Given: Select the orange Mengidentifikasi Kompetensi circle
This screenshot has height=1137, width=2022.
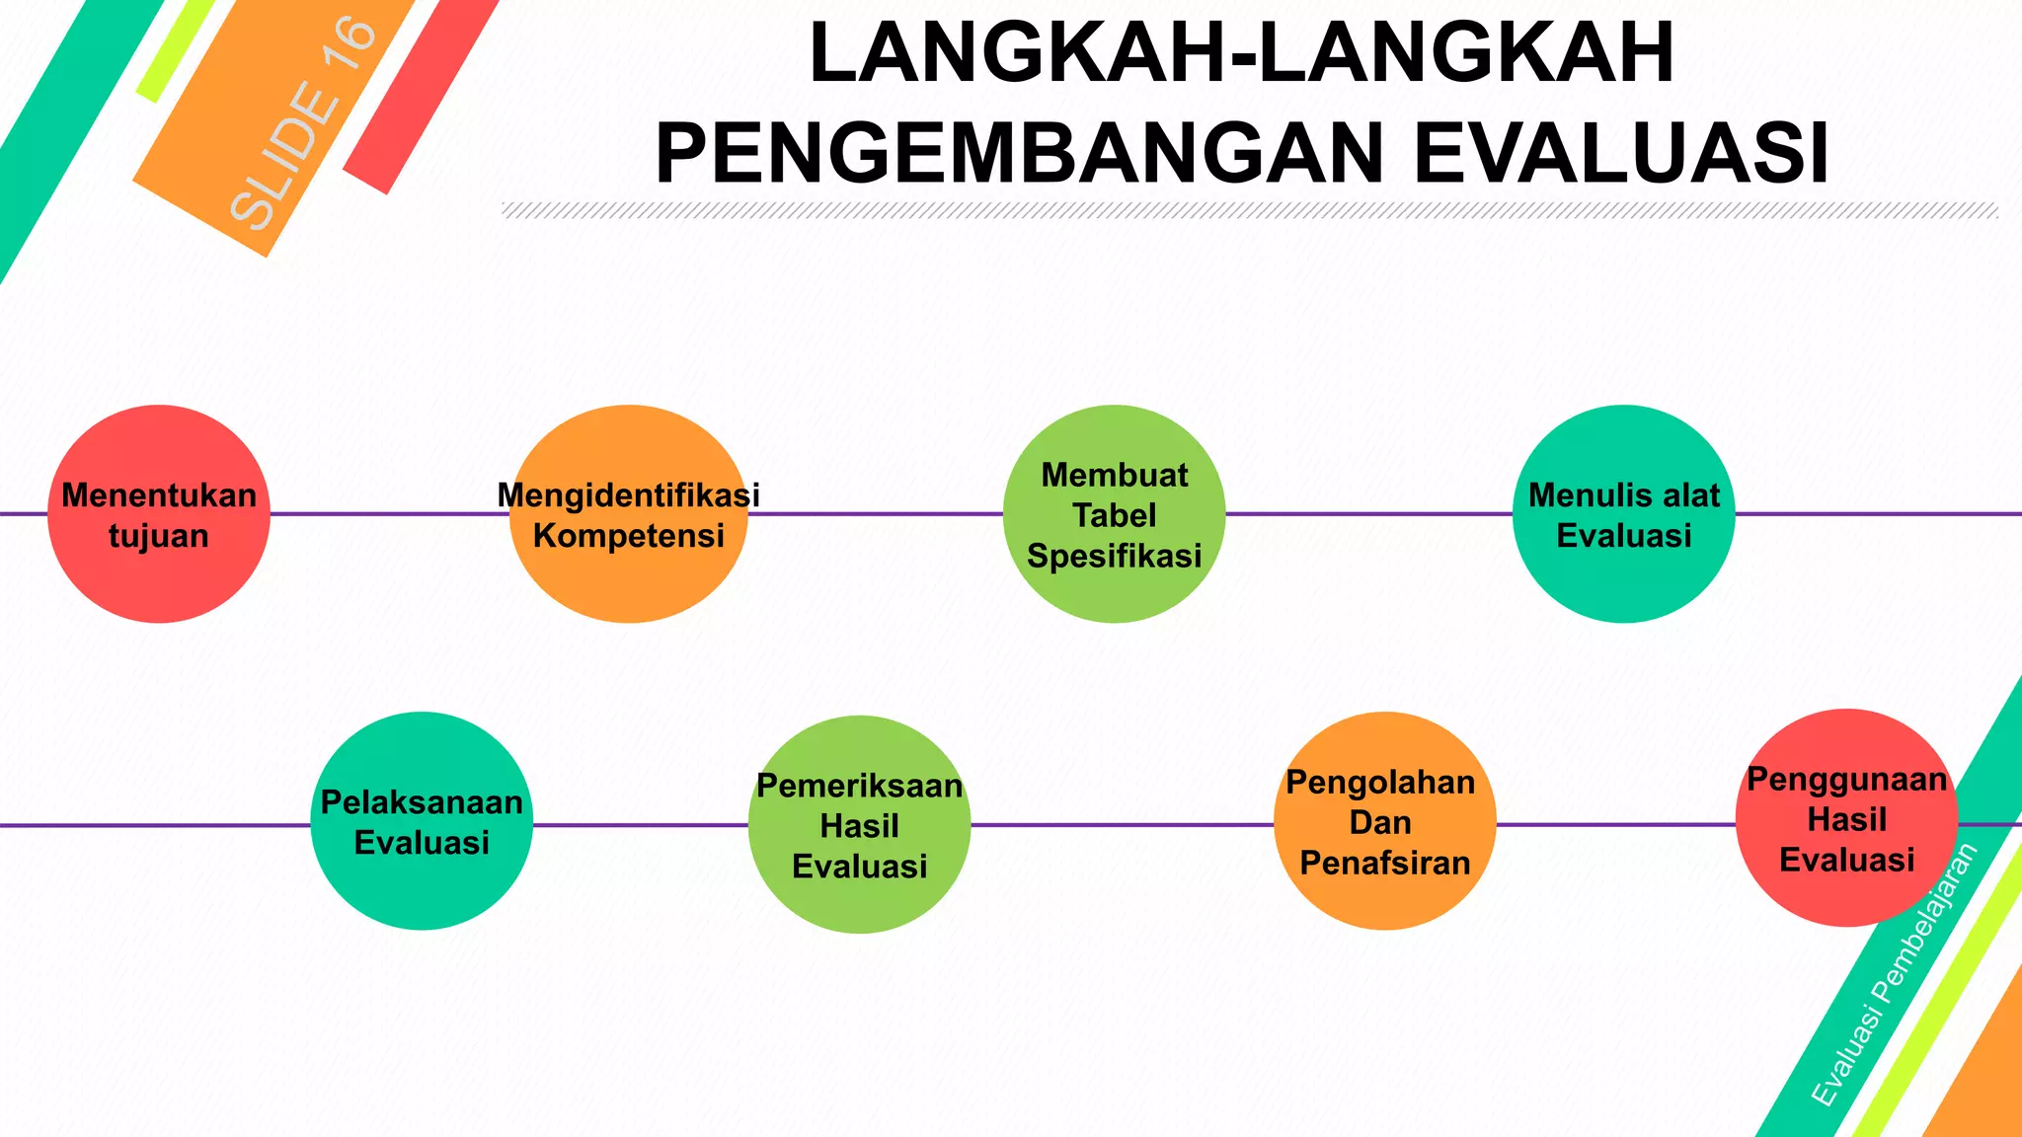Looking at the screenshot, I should click(x=628, y=582).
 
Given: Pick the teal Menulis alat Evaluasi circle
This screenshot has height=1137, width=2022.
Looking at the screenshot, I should click(x=1623, y=582).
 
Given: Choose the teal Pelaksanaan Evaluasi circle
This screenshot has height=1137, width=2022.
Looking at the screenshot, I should click(x=422, y=888).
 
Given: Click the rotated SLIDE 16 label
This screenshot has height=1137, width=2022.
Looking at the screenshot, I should click(x=303, y=123).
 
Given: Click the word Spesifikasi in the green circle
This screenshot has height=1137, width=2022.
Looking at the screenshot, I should click(x=1114, y=557).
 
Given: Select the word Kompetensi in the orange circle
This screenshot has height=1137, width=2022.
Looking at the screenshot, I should click(x=628, y=536).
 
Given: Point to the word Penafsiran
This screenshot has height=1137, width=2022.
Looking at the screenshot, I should click(x=1384, y=863).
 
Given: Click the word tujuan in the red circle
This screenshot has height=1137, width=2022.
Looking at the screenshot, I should click(x=158, y=536).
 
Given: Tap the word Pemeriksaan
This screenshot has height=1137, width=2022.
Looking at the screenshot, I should click(x=859, y=786).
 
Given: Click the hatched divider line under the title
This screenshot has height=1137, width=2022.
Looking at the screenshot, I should click(x=1249, y=210).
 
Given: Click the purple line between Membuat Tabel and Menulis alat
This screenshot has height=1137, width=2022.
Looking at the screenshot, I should click(x=1368, y=513).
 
